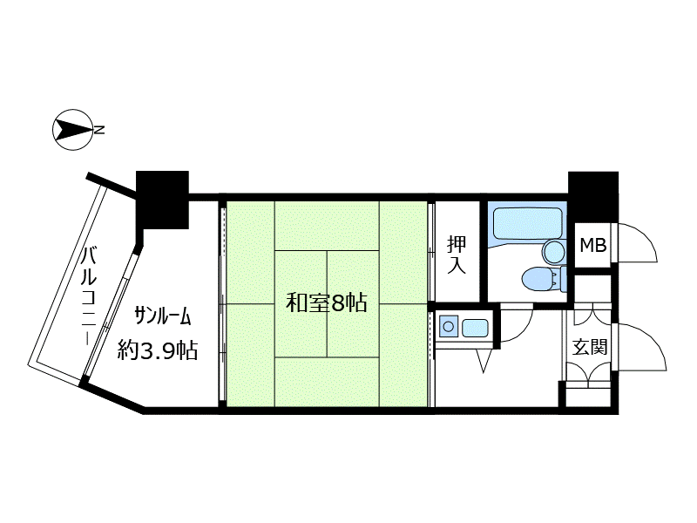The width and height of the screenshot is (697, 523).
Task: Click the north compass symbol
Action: pos(72,130)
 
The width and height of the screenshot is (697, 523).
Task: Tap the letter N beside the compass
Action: pos(99,130)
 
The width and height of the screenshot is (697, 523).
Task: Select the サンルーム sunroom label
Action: pos(163,316)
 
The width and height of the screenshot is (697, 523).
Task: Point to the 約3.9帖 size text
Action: pos(158,351)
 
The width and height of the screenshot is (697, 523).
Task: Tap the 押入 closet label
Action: pos(457,255)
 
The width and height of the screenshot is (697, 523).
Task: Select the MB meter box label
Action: pos(593,245)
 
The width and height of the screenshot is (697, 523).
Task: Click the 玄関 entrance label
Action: pos(590,347)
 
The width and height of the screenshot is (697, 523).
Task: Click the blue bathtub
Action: pos(528,224)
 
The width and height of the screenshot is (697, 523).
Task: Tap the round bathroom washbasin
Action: pos(553,252)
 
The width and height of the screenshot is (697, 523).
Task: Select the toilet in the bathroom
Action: pos(544,279)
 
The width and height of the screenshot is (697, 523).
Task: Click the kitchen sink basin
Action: pos(475,329)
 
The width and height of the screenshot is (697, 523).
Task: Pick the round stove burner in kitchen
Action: pos(449,327)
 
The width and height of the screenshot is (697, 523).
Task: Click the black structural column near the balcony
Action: pos(162,200)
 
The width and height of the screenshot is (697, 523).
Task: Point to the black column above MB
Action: pos(593,195)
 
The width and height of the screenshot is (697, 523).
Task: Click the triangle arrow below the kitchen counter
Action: pos(484,361)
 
